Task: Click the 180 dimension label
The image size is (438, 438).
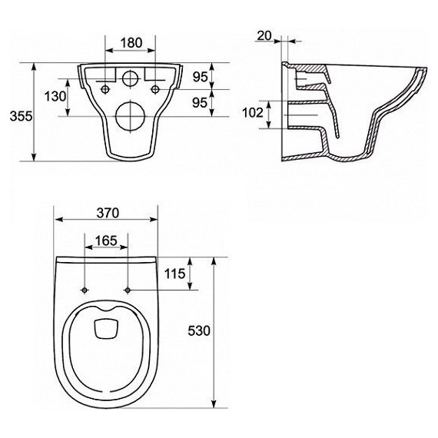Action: click(131, 42)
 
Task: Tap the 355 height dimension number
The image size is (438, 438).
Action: click(21, 116)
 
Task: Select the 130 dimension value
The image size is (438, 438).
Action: click(55, 96)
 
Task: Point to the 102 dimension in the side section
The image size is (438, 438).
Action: click(252, 112)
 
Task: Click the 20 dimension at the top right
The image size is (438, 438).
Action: click(264, 35)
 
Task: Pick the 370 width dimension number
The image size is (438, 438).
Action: click(108, 213)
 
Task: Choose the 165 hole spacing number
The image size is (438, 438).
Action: click(106, 241)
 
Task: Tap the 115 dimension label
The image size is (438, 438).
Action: click(174, 274)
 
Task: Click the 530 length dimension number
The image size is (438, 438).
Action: click(198, 331)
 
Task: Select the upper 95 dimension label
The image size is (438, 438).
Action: click(200, 77)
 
